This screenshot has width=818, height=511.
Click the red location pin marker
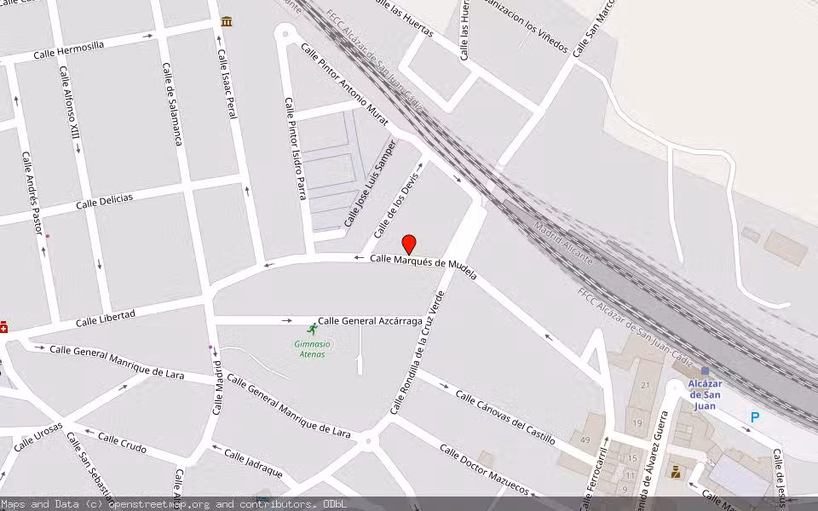point(409,244)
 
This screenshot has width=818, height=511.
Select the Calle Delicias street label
point(104,201)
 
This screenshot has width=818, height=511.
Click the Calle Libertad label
point(105,319)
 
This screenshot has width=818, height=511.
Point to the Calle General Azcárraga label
point(382,321)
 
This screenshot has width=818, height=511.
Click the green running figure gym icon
point(312,329)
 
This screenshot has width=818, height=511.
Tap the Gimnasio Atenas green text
point(312,348)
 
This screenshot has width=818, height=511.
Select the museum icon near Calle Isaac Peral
point(227,20)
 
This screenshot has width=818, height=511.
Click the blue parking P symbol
point(754,417)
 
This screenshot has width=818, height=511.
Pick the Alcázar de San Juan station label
point(705,394)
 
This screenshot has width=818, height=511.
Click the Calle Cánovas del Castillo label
point(505,417)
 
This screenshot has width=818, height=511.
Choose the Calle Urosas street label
point(38,436)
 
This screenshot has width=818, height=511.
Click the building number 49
point(585,439)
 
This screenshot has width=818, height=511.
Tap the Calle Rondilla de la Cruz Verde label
point(418,353)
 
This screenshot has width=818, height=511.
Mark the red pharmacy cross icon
point(3,326)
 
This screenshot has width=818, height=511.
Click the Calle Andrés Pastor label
point(32,193)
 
